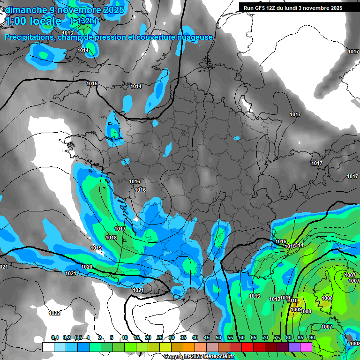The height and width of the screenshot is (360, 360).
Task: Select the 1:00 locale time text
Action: pos(33,21)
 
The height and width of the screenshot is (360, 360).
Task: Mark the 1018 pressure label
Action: pos(111,238)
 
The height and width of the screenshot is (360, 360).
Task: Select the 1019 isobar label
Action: pos(96,248)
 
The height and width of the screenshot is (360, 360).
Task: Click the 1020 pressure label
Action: pos(87,267)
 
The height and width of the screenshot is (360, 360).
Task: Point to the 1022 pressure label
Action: pos(54,313)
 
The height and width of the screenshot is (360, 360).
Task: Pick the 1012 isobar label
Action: pos(275,299)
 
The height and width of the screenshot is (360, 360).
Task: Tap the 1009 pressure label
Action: pos(296,309)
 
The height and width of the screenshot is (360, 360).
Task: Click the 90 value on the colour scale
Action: pos(312,337)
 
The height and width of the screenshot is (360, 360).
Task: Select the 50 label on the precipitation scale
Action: pos(218,337)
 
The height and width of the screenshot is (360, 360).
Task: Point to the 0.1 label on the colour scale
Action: pos(55,337)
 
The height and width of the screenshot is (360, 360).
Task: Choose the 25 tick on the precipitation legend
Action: pos(160,337)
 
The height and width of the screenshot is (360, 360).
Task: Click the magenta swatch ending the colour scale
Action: pos(306,347)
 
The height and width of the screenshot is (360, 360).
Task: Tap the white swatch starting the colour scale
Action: pos(48,347)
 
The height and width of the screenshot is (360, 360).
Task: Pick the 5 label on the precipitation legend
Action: pos(112,337)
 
